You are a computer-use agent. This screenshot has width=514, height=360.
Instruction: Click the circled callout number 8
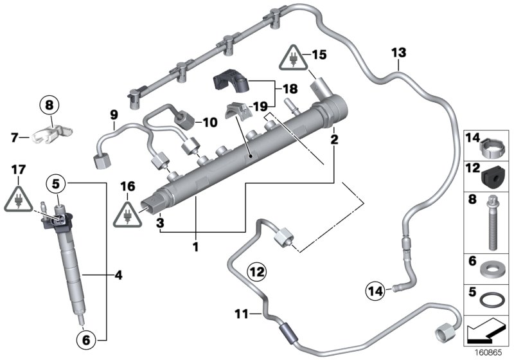[x=51, y=103]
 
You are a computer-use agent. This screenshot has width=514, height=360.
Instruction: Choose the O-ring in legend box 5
[x=492, y=301]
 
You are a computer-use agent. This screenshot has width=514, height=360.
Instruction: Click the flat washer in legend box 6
[x=493, y=267]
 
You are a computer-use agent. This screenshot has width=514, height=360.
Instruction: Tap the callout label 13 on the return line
[x=398, y=51]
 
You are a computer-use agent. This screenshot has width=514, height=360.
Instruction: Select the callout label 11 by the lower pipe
[x=241, y=314]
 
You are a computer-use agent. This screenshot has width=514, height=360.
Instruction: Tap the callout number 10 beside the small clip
[x=210, y=121]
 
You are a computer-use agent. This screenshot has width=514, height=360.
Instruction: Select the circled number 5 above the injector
[x=56, y=184]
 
